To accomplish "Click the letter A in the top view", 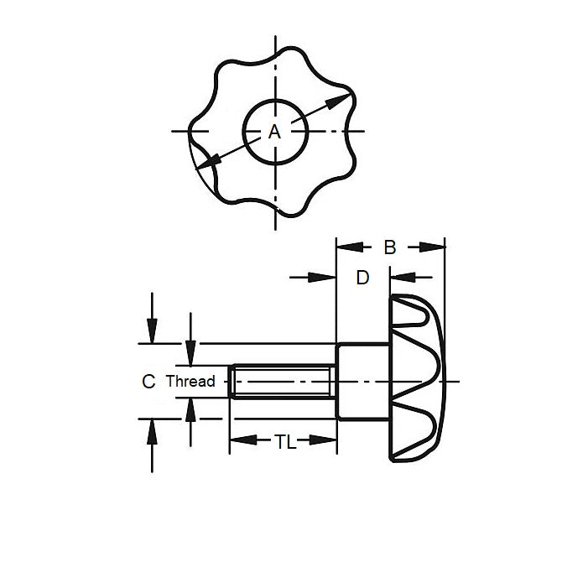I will click(x=273, y=132).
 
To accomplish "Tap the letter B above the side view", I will click(x=390, y=247).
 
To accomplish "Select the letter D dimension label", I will click(x=362, y=277).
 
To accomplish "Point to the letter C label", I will click(x=148, y=382).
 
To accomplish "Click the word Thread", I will click(x=190, y=382).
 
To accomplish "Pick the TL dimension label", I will click(x=285, y=442).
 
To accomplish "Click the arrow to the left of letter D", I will click(x=321, y=277).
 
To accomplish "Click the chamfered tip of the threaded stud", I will click(x=234, y=382).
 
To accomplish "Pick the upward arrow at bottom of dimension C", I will click(x=152, y=431).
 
